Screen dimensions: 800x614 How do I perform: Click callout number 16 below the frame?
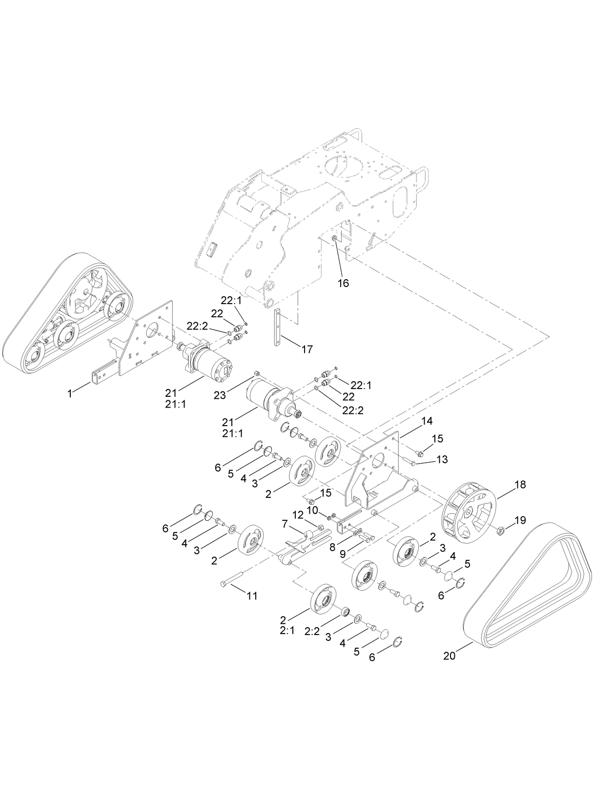[344, 283]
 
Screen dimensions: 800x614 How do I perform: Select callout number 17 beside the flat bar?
[307, 349]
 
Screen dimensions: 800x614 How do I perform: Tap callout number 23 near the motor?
[220, 395]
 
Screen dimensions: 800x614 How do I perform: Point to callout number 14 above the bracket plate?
[427, 421]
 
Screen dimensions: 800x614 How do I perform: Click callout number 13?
[442, 459]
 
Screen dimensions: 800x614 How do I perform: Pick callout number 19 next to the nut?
[520, 520]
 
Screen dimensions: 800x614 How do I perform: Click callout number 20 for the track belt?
[449, 656]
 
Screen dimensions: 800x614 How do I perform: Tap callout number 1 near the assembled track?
[70, 393]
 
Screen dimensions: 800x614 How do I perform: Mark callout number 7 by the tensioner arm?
[286, 523]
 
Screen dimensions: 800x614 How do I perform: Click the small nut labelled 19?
[500, 531]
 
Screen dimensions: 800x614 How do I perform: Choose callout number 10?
[312, 510]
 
